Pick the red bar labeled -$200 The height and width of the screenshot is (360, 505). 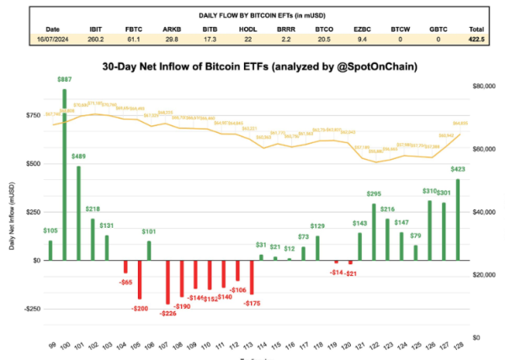(x=140, y=279)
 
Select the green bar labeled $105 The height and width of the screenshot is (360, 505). (x=50, y=251)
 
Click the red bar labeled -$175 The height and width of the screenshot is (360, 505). (x=251, y=278)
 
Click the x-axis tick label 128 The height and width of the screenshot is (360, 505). (x=458, y=347)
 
